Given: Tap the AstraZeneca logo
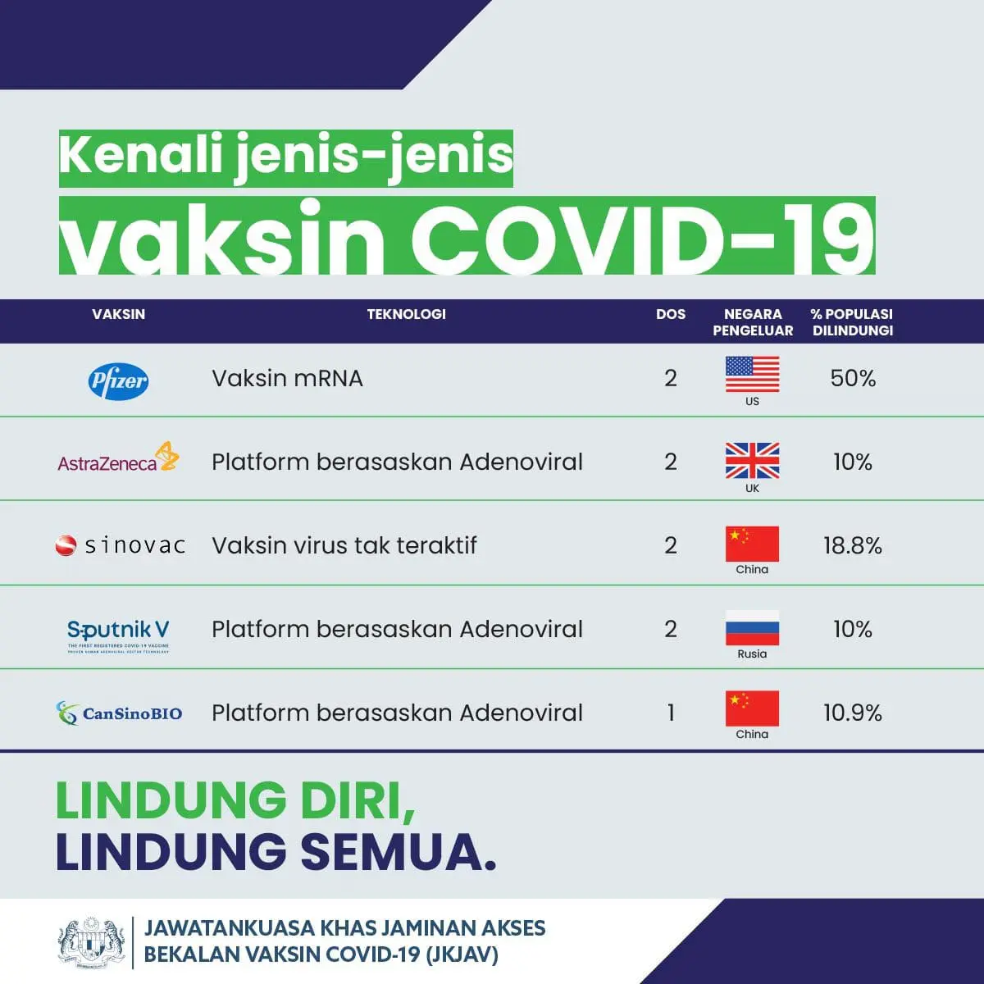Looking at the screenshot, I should pyautogui.click(x=118, y=459).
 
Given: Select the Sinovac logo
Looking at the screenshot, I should pyautogui.click(x=120, y=545).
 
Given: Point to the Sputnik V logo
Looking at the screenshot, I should pyautogui.click(x=118, y=633).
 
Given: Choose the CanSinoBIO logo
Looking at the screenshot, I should pyautogui.click(x=120, y=713).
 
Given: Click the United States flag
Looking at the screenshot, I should pyautogui.click(x=752, y=375).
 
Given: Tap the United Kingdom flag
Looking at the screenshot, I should pyautogui.click(x=752, y=460).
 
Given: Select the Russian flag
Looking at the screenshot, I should pyautogui.click(x=752, y=627).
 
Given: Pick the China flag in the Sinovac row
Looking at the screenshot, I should pyautogui.click(x=752, y=544).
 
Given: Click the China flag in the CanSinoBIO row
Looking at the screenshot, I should pyautogui.click(x=752, y=708).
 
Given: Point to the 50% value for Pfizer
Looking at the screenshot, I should pyautogui.click(x=853, y=379).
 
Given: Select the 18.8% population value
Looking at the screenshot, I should pyautogui.click(x=853, y=546).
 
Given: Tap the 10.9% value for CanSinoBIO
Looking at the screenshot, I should pyautogui.click(x=853, y=713).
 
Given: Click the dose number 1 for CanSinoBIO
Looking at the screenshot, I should pyautogui.click(x=671, y=713).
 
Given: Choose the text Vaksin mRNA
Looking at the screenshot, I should pyautogui.click(x=287, y=379).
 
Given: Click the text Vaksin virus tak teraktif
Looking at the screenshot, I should pyautogui.click(x=344, y=546).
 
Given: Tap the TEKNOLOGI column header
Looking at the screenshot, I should pyautogui.click(x=406, y=314).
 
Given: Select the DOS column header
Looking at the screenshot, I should pyautogui.click(x=671, y=314).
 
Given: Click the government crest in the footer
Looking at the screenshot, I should pyautogui.click(x=92, y=941).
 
